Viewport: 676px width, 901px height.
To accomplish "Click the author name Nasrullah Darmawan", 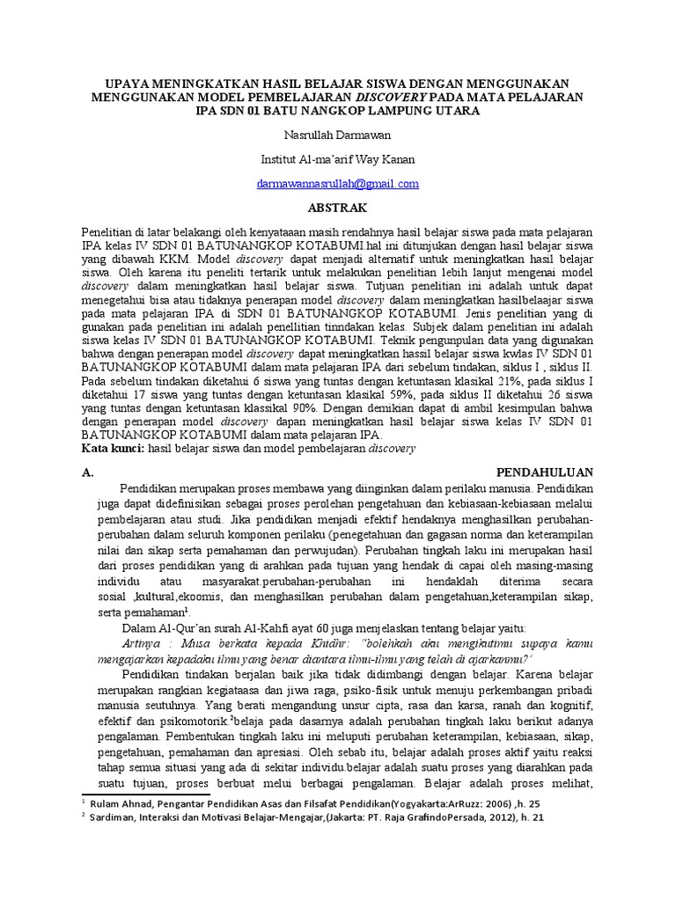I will [338, 136].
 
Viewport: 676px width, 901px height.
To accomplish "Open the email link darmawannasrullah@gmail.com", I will [338, 184].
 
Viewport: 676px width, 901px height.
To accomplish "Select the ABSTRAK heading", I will [338, 208].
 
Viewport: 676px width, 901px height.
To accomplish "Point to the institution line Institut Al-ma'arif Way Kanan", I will [338, 160].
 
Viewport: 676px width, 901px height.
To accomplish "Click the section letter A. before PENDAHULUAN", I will [86, 472].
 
